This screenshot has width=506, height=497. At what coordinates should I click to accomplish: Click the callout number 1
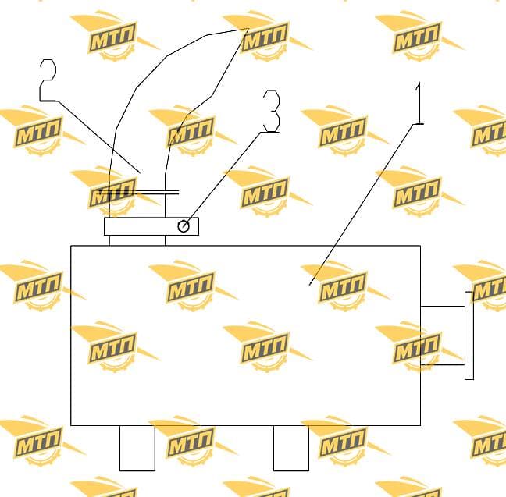tap(419, 103)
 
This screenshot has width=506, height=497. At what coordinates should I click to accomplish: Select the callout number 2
tap(48, 80)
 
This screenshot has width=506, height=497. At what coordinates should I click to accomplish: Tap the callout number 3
tap(272, 111)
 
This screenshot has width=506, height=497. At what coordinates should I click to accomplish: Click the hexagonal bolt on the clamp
tap(184, 226)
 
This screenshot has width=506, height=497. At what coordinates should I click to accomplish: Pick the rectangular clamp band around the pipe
tap(151, 226)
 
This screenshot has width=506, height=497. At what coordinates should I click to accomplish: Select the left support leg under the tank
tap(137, 448)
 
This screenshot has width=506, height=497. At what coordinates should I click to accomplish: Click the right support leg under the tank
tap(291, 448)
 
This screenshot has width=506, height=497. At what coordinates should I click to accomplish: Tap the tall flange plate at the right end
tap(469, 335)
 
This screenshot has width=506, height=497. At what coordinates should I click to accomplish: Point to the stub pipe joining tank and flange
tap(443, 335)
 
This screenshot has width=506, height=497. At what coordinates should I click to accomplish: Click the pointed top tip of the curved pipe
tap(248, 30)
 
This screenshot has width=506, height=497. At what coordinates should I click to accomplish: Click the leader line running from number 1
tap(362, 204)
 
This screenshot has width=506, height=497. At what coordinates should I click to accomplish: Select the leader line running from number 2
tap(98, 137)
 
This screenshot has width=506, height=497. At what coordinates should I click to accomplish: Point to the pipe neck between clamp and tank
tap(137, 240)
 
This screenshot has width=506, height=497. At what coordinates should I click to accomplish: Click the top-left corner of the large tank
tap(71, 246)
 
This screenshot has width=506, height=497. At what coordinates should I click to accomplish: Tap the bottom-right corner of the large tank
tap(420, 425)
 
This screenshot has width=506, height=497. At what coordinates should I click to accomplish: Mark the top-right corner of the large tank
tap(420, 246)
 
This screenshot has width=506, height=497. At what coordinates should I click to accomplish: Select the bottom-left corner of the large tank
tap(71, 425)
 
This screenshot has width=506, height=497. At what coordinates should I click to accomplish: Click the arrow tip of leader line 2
tap(141, 173)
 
